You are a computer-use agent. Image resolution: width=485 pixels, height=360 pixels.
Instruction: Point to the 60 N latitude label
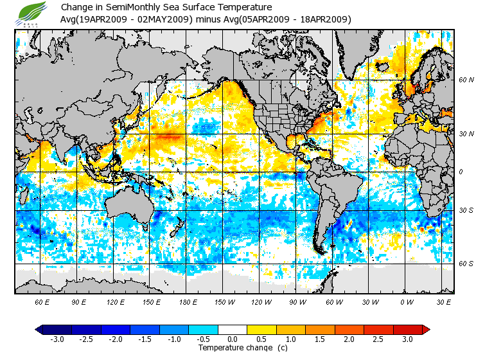[x=466, y=80]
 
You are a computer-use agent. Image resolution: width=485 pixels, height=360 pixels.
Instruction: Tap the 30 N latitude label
[x=466, y=134]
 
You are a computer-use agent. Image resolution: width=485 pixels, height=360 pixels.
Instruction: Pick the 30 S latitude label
[x=466, y=210]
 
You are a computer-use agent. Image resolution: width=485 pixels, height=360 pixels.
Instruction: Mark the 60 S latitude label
[x=466, y=264]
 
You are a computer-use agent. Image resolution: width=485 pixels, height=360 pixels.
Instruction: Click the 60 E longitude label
[x=42, y=302]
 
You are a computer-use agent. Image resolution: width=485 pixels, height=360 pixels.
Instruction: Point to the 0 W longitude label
[x=406, y=302]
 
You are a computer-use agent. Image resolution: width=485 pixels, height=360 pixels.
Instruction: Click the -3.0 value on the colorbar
[x=57, y=339]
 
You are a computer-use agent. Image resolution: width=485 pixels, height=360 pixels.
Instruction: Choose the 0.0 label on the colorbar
[x=232, y=339]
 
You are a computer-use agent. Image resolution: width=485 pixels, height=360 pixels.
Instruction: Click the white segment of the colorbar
[x=232, y=329]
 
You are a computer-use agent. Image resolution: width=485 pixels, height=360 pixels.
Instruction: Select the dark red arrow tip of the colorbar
[x=426, y=329]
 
